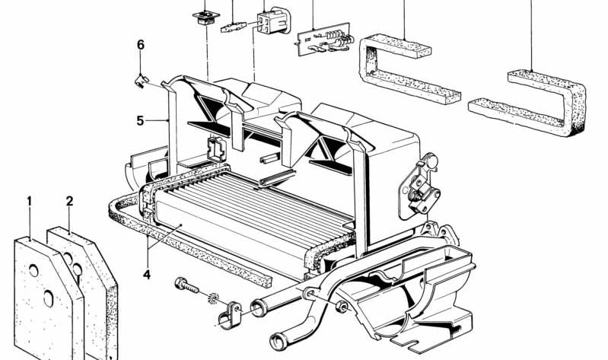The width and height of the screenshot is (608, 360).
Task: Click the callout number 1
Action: pyautogui.click(x=29, y=202)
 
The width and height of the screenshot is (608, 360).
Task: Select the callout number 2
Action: pyautogui.click(x=69, y=202)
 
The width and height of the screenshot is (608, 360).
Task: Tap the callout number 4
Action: pyautogui.click(x=147, y=275)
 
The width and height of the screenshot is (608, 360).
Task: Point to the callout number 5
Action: pyautogui.click(x=140, y=121)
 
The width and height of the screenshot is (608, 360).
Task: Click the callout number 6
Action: pyautogui.click(x=140, y=45)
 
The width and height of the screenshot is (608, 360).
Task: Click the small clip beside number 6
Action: pyautogui.click(x=141, y=81)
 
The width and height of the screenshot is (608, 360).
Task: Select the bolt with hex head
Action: pyautogui.click(x=187, y=285)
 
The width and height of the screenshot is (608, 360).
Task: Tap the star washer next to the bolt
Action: pyautogui.click(x=213, y=298)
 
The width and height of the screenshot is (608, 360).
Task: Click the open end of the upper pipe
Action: pyautogui.click(x=257, y=307)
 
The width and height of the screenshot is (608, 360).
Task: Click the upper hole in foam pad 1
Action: pyautogui.click(x=33, y=271)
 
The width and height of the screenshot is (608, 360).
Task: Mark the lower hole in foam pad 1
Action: pyautogui.click(x=49, y=298)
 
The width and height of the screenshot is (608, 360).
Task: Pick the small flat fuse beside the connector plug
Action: pyautogui.click(x=234, y=27)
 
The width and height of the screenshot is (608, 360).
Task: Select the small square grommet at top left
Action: pyautogui.click(x=206, y=18)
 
